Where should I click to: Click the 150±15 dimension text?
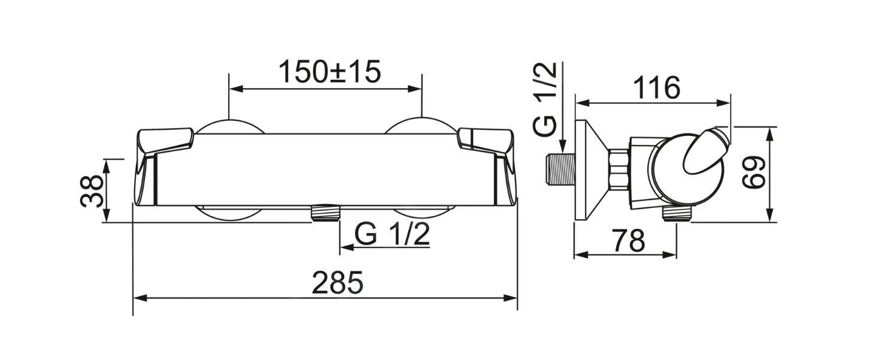(x=329, y=72)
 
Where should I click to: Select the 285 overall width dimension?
(x=337, y=283)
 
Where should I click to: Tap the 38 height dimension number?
(x=91, y=190)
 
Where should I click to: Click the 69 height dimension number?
(x=753, y=173)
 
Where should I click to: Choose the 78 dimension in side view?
(x=628, y=241)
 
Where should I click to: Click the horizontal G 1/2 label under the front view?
(x=392, y=234)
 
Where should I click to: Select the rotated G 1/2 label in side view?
(x=545, y=99)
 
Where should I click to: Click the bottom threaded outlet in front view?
(x=325, y=213)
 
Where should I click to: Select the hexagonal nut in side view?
(x=618, y=171)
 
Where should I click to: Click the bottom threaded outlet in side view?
(x=677, y=214)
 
